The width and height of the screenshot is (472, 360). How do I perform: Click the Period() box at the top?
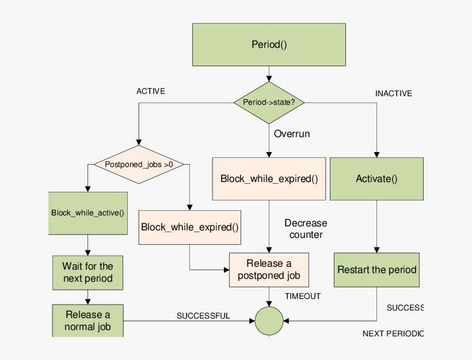click(269, 44)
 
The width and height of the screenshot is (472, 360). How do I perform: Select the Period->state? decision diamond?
click(269, 102)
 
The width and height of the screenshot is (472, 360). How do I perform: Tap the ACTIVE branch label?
click(151, 91)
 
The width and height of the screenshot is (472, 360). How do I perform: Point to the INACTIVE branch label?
click(394, 93)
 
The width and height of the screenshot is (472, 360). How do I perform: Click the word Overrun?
click(292, 134)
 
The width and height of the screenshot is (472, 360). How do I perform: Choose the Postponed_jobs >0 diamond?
click(139, 164)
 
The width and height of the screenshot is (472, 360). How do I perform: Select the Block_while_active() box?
click(87, 213)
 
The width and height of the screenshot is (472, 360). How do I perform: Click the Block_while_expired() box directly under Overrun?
click(269, 179)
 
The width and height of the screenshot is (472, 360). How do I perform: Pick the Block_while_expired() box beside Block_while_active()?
click(190, 226)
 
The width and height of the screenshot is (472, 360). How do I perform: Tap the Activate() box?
click(376, 179)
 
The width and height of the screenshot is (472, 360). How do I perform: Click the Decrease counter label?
click(306, 229)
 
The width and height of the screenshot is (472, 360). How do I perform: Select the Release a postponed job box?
click(269, 270)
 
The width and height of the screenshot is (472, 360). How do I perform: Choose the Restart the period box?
click(376, 270)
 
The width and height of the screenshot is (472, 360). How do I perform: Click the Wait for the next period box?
click(87, 272)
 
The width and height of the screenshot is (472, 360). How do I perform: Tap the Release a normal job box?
click(87, 320)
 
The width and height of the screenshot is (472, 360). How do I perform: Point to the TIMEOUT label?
click(303, 296)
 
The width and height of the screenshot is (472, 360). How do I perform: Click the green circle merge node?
click(269, 320)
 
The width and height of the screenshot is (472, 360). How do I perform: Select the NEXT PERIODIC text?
click(393, 334)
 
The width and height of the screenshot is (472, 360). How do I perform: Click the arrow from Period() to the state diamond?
click(269, 73)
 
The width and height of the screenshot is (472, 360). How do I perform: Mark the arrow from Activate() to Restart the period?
click(376, 226)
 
